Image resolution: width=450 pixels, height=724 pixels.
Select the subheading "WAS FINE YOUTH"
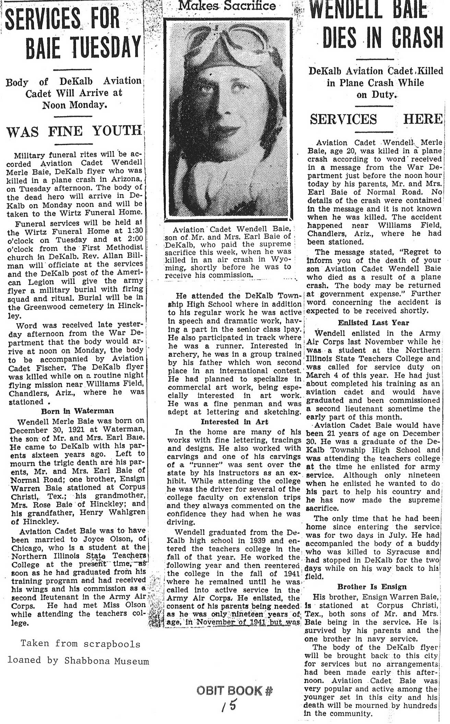pos(74,131)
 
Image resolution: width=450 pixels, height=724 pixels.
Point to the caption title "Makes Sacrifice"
pos(227,5)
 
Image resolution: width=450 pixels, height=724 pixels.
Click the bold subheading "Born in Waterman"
pos(78,411)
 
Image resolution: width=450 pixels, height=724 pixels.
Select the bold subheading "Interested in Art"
pos(235,422)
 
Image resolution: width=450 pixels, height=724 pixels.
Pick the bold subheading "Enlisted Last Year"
pos(374,323)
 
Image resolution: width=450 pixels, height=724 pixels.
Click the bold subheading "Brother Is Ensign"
pos(372,586)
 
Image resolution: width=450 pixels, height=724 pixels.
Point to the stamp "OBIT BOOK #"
pos(235,690)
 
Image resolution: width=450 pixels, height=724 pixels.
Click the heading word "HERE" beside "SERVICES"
pos(423,119)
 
